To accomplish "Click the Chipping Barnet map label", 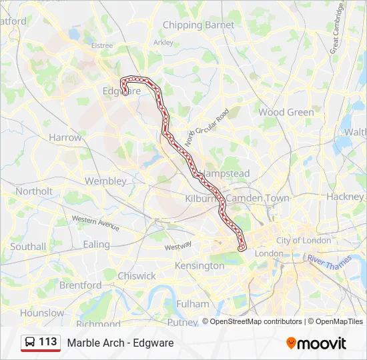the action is tap(199, 25).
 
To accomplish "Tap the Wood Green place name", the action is tap(286, 112).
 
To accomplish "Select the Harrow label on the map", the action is tap(65, 137).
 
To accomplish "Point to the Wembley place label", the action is tap(105, 181).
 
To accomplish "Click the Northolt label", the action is tap(34, 191).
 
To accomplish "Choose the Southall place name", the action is tap(28, 246).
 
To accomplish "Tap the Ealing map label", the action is tap(96, 245).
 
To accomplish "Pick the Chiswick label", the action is tap(136, 275).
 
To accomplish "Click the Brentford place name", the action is tap(80, 285).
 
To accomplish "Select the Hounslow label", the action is tap(42, 313).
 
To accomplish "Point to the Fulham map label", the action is tap(192, 303).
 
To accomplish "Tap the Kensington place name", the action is tap(200, 265).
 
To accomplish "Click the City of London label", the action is tap(304, 240).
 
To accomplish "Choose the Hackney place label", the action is tap(346, 197).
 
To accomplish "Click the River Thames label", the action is tap(330, 261).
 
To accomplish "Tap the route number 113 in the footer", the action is tap(48, 342).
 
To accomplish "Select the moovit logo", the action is tap(316, 343).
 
